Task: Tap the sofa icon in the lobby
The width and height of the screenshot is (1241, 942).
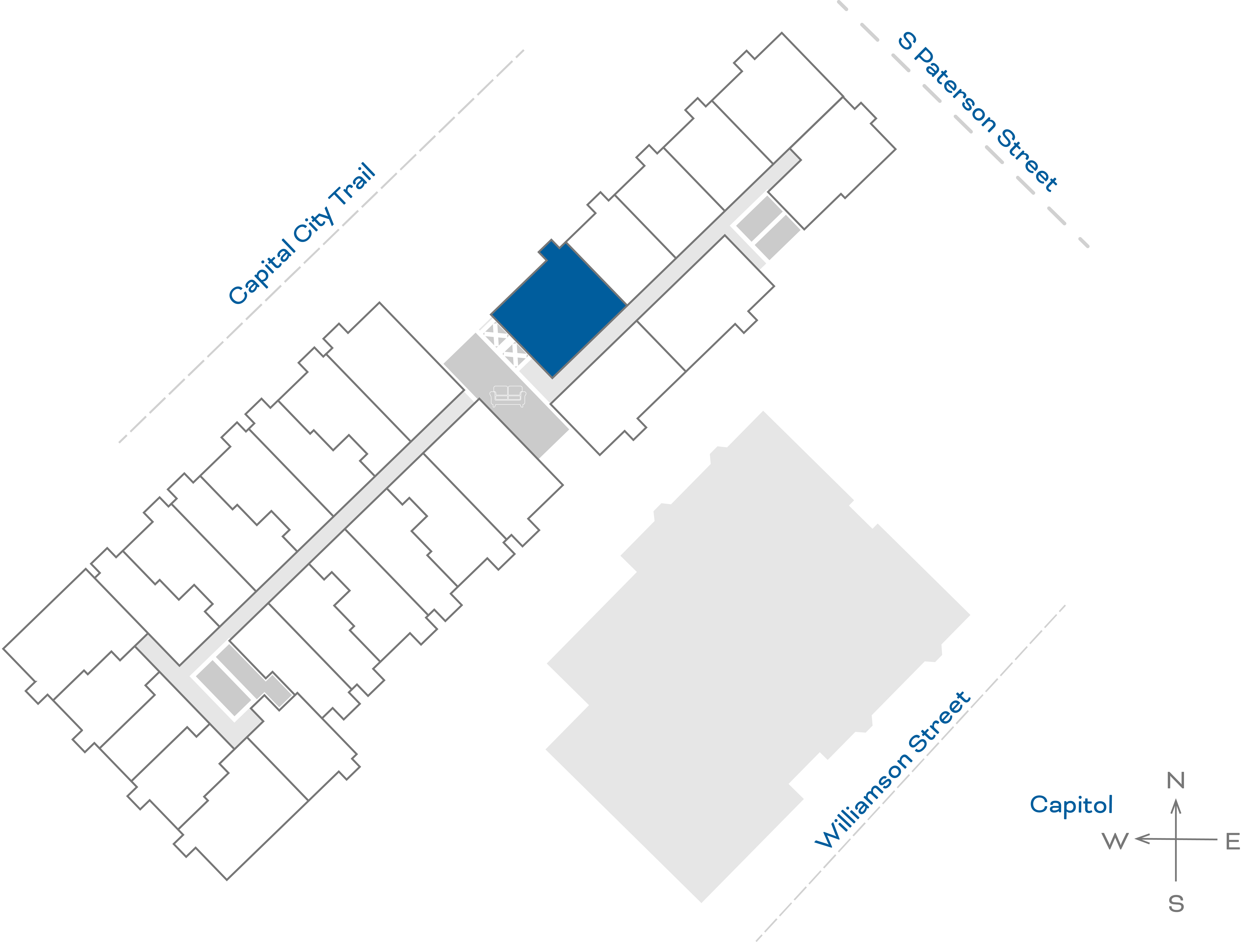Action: (x=508, y=396)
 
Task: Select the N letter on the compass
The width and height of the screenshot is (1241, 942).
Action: (x=1175, y=780)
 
